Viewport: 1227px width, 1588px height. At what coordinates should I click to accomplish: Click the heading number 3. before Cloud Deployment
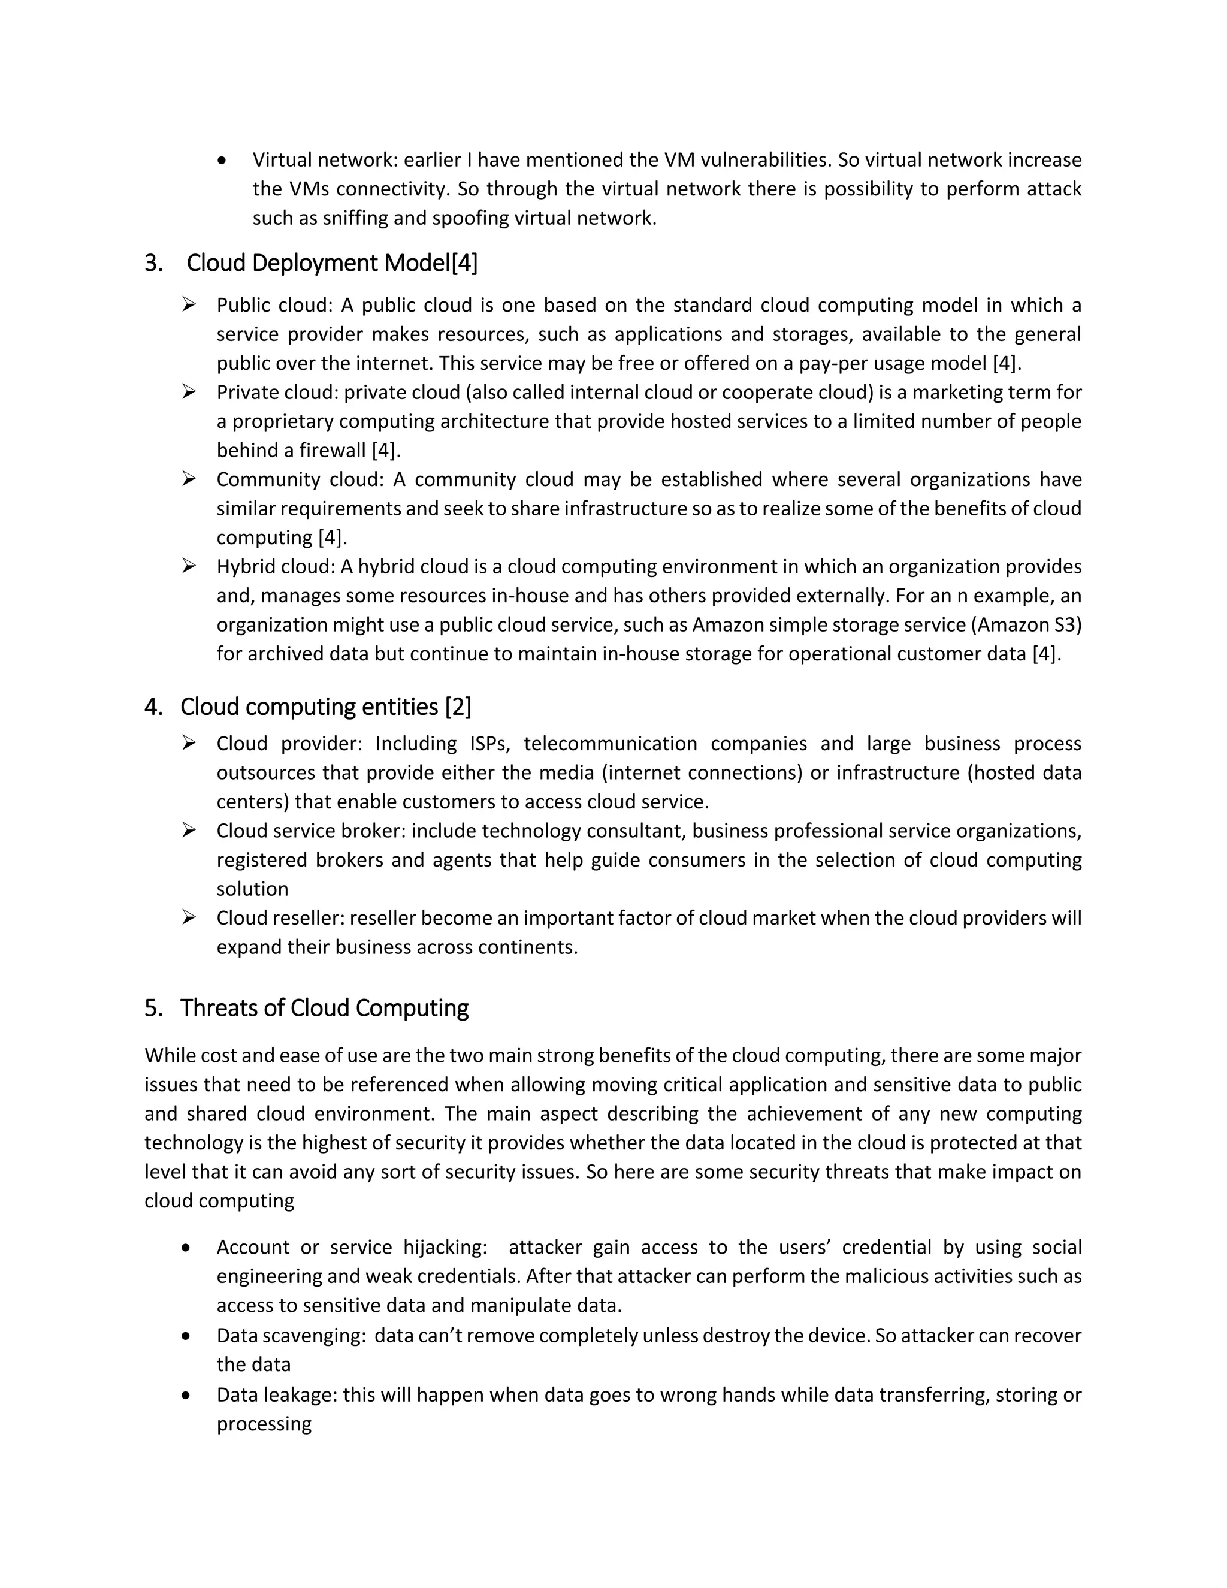click(153, 263)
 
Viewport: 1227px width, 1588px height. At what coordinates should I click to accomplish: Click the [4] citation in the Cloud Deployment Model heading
click(464, 263)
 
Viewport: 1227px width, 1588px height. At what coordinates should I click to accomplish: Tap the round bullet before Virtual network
click(222, 161)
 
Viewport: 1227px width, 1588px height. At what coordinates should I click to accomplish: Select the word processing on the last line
click(264, 1424)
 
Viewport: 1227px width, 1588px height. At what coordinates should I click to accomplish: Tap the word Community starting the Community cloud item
click(268, 480)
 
